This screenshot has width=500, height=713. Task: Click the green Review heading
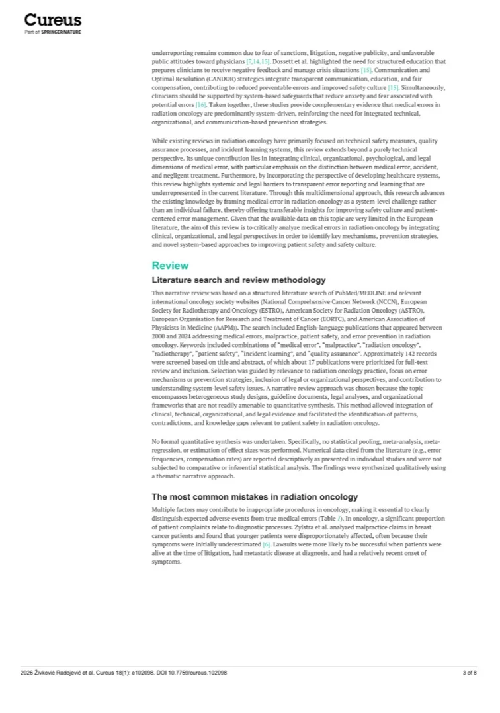(170, 266)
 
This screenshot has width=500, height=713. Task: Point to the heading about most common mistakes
(255, 497)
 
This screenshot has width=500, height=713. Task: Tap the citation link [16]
(201, 105)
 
